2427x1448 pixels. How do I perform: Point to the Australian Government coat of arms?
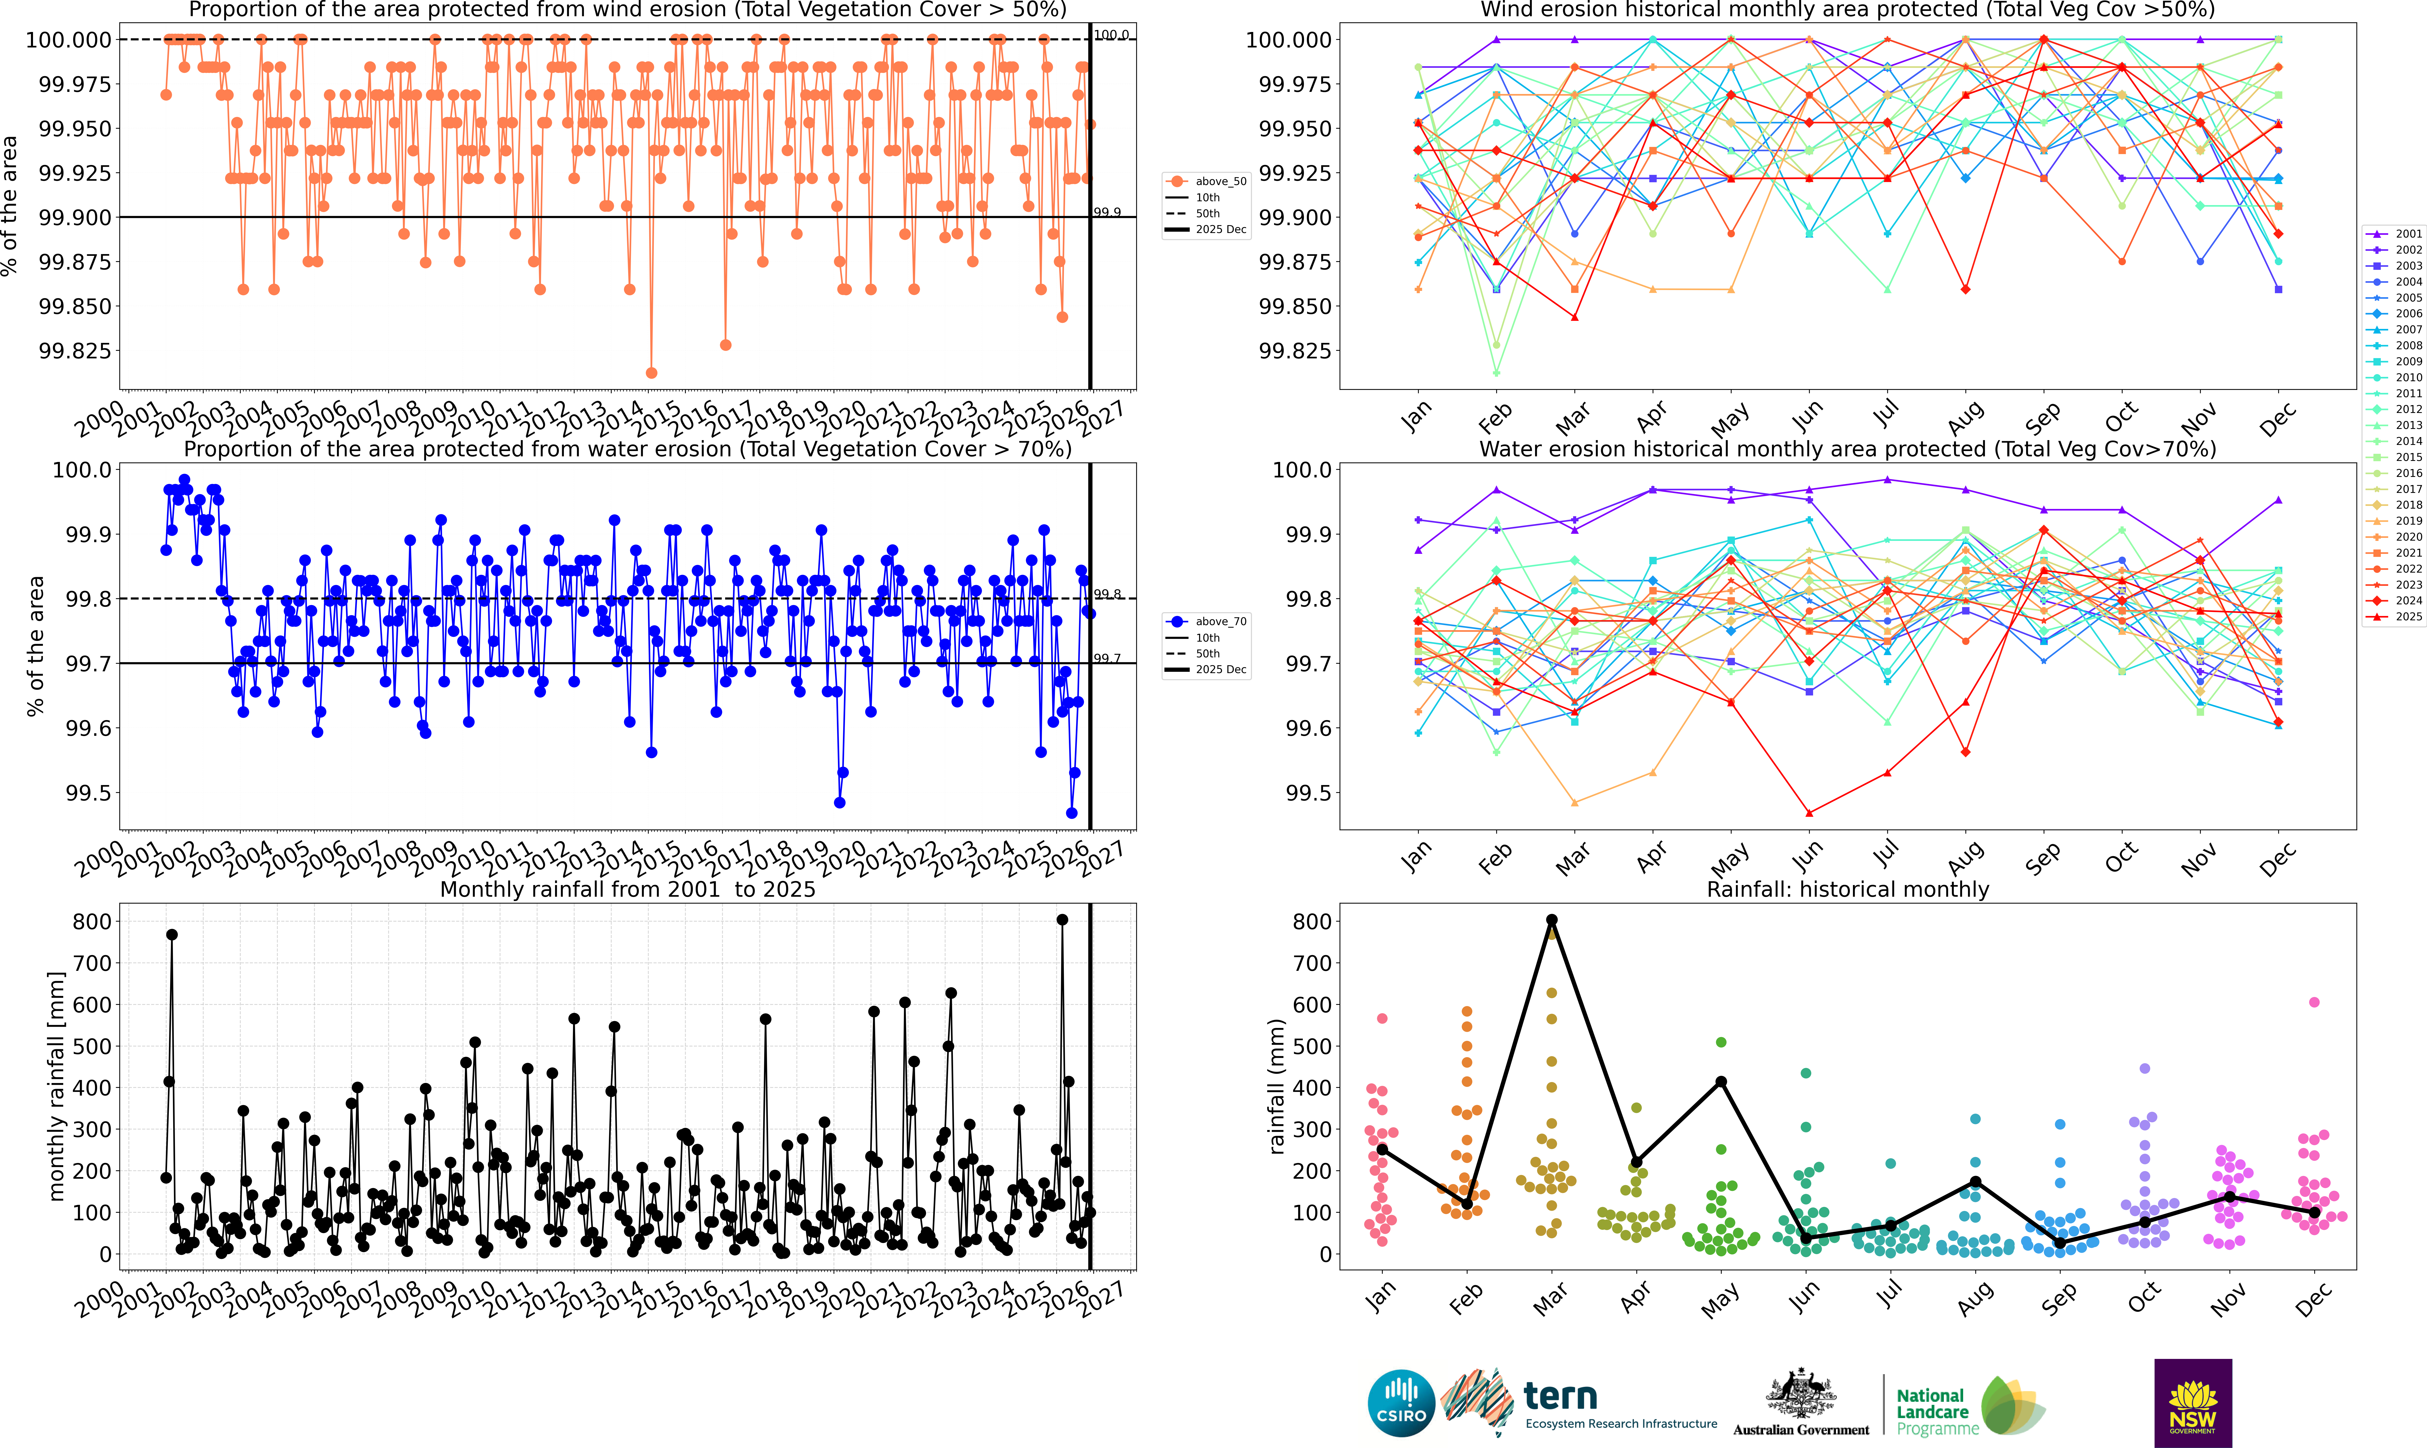1800,1395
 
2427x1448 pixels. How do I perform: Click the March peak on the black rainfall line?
1552,920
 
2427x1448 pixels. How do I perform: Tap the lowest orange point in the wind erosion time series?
651,373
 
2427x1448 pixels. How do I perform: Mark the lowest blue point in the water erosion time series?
1071,813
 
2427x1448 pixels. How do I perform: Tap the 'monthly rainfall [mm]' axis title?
57,1086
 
